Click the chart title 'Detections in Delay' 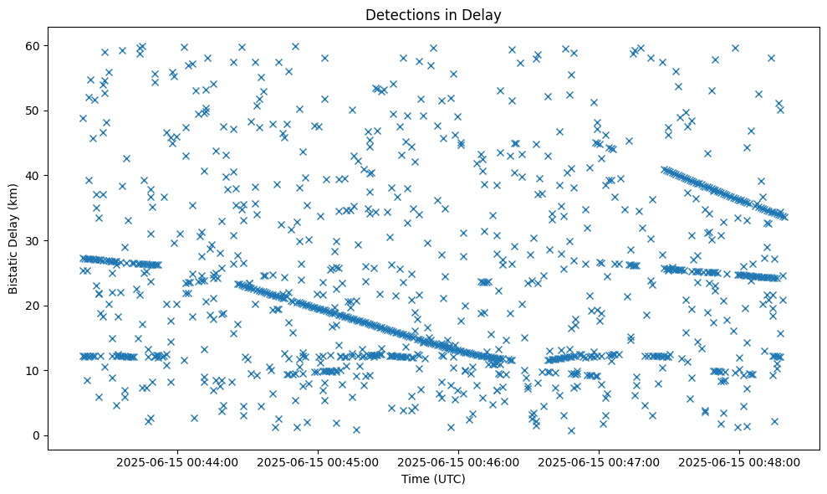pyautogui.click(x=433, y=14)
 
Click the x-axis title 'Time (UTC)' pyautogui.click(x=433, y=480)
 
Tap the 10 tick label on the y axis pyautogui.click(x=34, y=370)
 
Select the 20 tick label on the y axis pyautogui.click(x=34, y=306)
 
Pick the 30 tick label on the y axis pyautogui.click(x=34, y=240)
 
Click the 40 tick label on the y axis pyautogui.click(x=34, y=176)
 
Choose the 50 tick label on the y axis pyautogui.click(x=34, y=111)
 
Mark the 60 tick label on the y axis pyautogui.click(x=34, y=45)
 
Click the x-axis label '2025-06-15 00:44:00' pyautogui.click(x=177, y=462)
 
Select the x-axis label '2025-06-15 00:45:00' pyautogui.click(x=318, y=462)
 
